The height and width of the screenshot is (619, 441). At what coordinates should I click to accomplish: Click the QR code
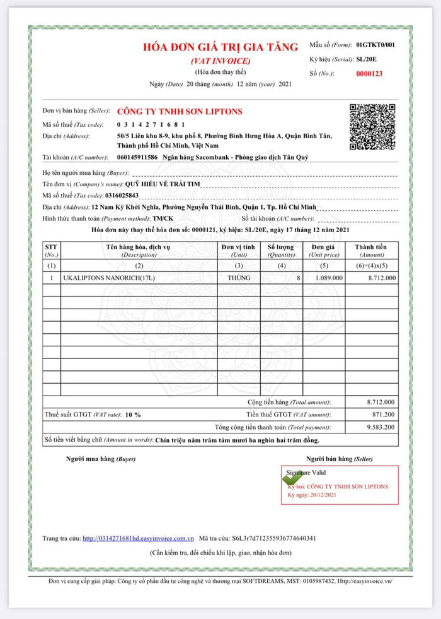[x=372, y=126]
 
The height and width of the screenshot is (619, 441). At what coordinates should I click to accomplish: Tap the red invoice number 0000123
[x=369, y=74]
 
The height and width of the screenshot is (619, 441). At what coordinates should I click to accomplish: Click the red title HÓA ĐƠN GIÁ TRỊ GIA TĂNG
[x=220, y=48]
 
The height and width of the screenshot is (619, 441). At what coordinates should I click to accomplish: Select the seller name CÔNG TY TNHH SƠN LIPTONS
[x=180, y=111]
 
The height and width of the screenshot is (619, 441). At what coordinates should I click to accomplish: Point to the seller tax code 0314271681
[x=151, y=124]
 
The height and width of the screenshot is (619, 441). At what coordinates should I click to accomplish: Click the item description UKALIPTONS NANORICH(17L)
[x=109, y=278]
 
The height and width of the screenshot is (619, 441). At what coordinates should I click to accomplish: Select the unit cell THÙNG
[x=239, y=278]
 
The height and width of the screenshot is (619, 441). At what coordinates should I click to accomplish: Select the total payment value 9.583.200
[x=381, y=427]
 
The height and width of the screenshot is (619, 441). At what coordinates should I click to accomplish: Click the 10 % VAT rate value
[x=133, y=415]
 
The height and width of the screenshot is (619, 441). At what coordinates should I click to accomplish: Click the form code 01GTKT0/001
[x=375, y=45]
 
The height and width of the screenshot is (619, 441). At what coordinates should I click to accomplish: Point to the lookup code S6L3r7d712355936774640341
[x=275, y=538]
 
